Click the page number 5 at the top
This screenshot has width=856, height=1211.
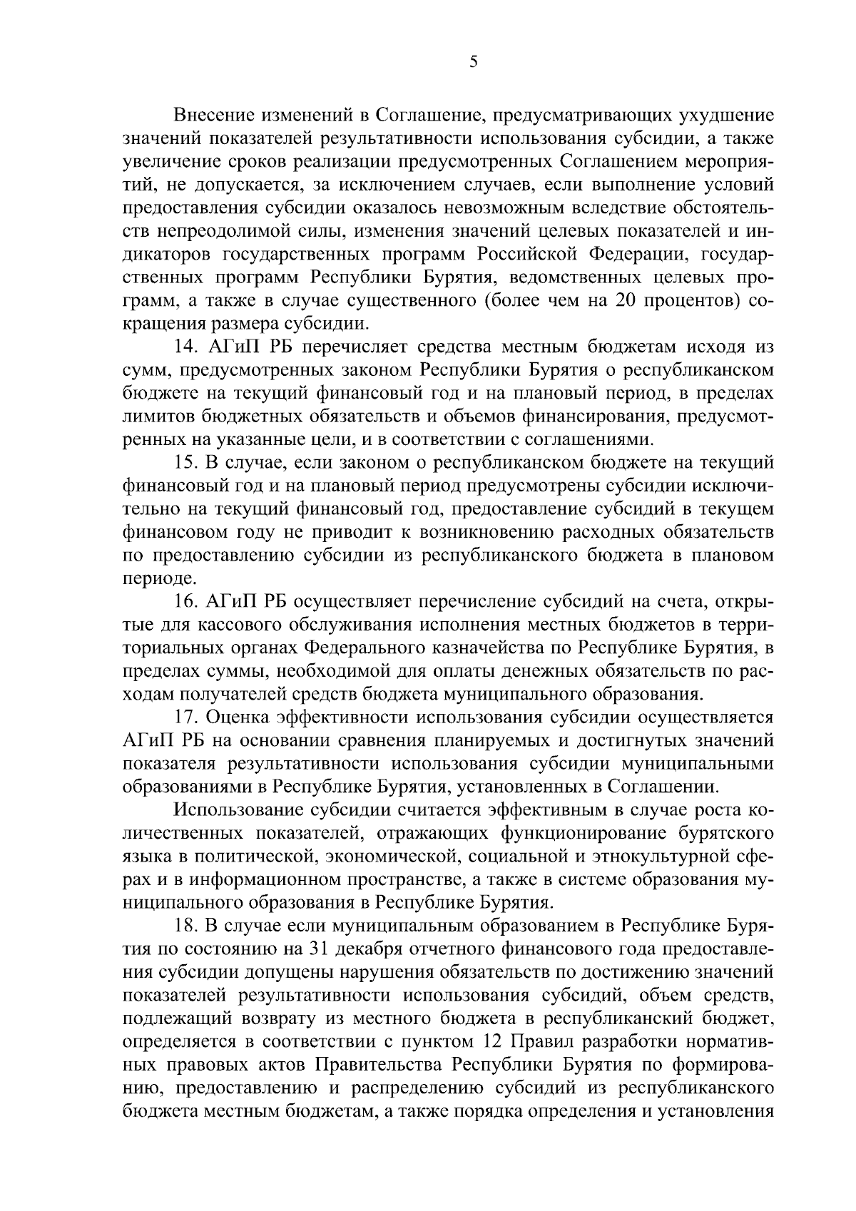[x=474, y=62]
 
